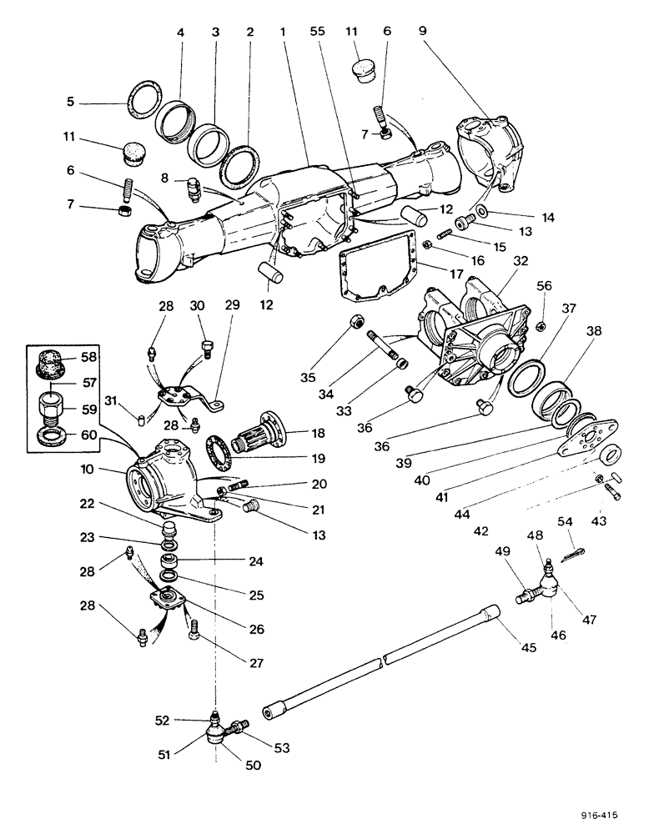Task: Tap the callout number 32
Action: tap(521, 261)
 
